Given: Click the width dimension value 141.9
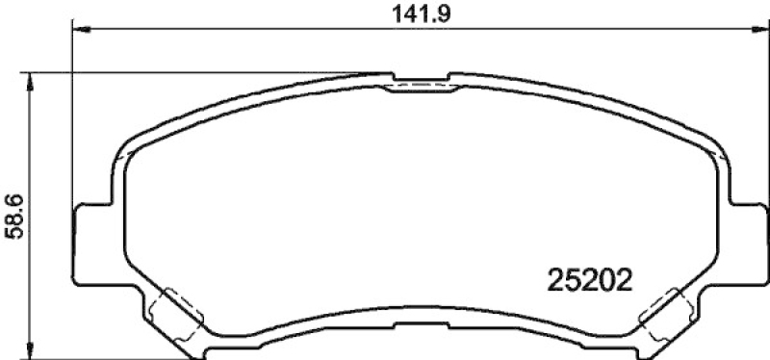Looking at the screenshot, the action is (421, 14).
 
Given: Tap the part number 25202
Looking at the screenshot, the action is (589, 281).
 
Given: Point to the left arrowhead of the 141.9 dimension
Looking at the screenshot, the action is (82, 30).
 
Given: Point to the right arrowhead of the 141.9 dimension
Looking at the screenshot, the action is (760, 30).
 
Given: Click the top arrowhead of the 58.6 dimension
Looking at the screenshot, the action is (30, 82).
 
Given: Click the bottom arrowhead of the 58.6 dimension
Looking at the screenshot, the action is (30, 349).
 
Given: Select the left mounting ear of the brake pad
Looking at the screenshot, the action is (93, 244).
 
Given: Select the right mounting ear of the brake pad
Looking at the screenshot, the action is (748, 244).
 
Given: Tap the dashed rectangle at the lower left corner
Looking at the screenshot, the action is (176, 315).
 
